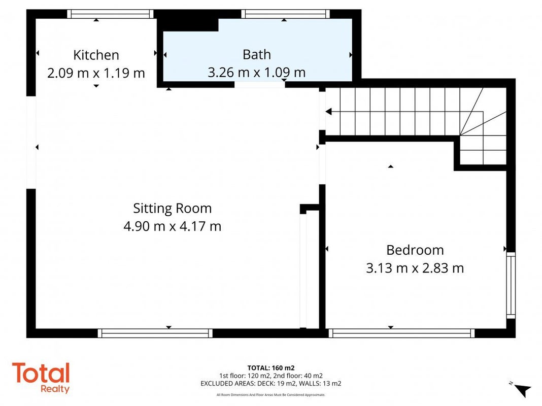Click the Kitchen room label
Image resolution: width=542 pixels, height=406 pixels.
96,55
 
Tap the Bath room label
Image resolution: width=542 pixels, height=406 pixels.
256,55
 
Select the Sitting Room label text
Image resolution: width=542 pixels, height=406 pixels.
172,209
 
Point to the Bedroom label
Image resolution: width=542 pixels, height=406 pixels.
415,250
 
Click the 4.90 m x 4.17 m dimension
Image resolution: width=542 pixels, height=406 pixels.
172,226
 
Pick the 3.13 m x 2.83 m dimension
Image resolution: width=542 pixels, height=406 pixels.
415,268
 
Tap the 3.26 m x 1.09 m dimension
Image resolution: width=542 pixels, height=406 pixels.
256,73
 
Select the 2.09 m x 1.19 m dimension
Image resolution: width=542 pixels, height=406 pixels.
96,73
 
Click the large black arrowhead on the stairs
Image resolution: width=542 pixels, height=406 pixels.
329,112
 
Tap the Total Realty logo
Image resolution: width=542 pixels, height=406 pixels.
41,377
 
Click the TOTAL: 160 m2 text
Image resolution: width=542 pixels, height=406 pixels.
270,368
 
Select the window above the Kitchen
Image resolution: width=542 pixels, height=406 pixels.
110,14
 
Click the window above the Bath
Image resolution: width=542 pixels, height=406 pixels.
286,14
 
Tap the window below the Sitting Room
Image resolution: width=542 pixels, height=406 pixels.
155,333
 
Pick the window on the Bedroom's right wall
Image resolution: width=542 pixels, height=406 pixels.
511,285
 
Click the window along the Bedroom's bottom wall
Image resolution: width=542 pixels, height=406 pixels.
401,333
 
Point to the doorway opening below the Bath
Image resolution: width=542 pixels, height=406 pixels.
260,85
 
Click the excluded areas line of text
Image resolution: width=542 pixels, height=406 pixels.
270,383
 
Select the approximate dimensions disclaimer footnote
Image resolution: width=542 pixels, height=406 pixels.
270,395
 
